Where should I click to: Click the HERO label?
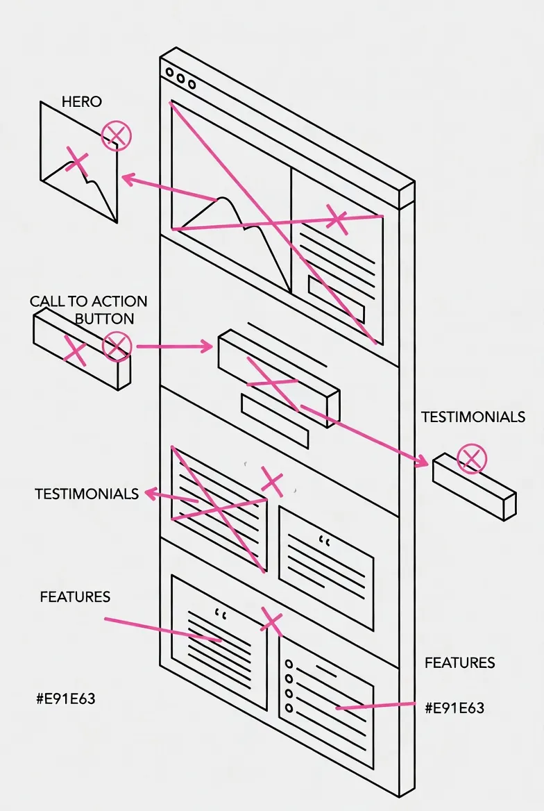point(81,102)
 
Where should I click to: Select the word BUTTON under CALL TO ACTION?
point(104,319)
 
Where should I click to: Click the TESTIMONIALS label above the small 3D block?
point(473,417)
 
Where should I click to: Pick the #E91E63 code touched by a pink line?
point(454,708)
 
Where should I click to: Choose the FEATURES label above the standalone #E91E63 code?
point(75,597)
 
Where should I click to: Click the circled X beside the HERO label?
point(117,135)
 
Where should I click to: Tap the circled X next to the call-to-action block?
point(117,346)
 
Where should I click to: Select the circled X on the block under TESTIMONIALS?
point(473,458)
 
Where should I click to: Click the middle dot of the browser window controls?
point(180,78)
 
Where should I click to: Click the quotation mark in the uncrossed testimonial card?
point(323,540)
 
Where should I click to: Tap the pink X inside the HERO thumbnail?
point(77,161)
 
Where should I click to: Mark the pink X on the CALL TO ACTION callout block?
point(75,352)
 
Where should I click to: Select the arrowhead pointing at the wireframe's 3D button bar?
point(207,345)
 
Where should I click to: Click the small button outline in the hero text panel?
point(336,297)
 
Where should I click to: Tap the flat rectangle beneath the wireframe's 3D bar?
point(274,421)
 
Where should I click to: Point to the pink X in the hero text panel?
point(337,219)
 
